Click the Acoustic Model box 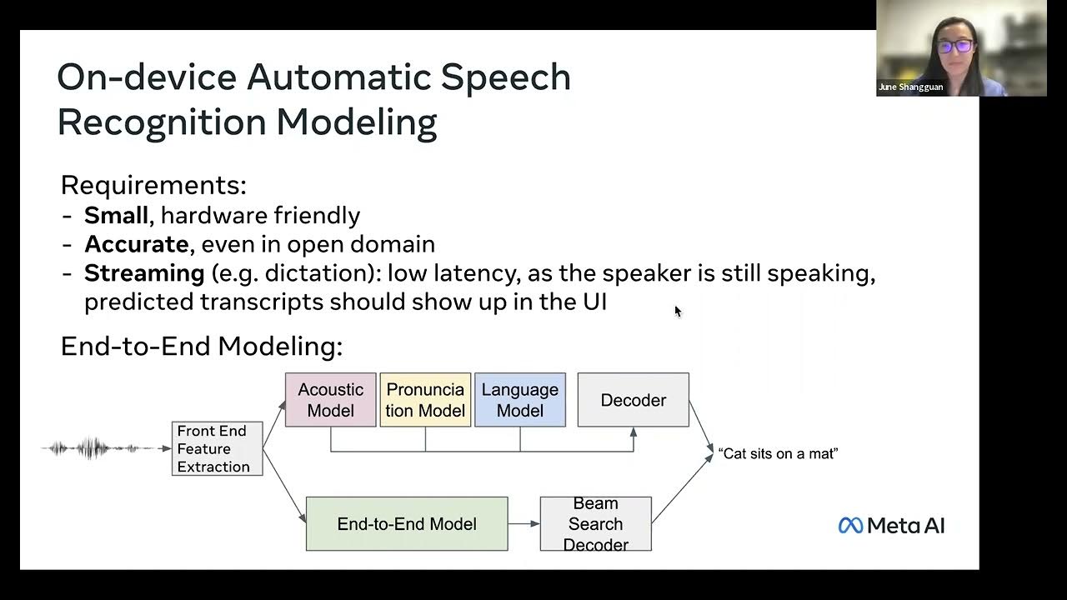tap(330, 400)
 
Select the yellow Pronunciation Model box tap(425, 400)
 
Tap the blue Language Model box tap(520, 400)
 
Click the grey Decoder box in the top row tap(634, 400)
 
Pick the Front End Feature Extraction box tap(217, 448)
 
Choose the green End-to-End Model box tap(407, 524)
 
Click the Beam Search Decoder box tap(595, 524)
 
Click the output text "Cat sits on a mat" tap(778, 453)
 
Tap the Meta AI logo tap(891, 525)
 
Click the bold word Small tap(117, 215)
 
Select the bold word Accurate tap(136, 244)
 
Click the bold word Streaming tap(144, 272)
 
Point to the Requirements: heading tap(153, 185)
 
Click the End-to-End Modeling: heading tap(201, 347)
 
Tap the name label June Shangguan tap(910, 87)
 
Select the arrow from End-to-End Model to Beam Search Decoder tap(523, 524)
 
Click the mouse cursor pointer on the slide tap(678, 311)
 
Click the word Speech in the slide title tap(505, 77)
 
